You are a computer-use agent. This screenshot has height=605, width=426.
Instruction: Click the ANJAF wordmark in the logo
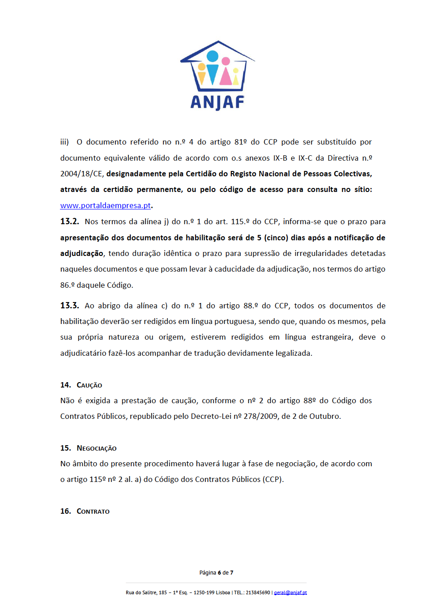pyautogui.click(x=217, y=102)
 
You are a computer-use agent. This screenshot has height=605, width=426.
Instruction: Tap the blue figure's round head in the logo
pyautogui.click(x=213, y=56)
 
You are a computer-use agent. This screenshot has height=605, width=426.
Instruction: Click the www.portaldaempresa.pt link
pyautogui.click(x=106, y=205)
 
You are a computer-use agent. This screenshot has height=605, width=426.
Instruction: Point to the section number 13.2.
pyautogui.click(x=69, y=222)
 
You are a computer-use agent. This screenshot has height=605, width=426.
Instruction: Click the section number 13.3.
pyautogui.click(x=69, y=306)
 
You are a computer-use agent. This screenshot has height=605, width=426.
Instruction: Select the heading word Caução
pyautogui.click(x=89, y=385)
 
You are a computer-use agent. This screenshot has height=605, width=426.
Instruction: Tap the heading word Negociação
pyautogui.click(x=97, y=448)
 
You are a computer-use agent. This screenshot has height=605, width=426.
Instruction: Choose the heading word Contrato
pyautogui.click(x=93, y=511)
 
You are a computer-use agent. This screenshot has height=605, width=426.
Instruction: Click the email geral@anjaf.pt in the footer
pyautogui.click(x=290, y=592)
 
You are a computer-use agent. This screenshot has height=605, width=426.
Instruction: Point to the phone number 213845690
pyautogui.click(x=258, y=592)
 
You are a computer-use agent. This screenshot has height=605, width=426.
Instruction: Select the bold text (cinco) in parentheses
pyautogui.click(x=277, y=238)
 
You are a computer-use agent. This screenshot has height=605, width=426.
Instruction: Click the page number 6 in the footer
pyautogui.click(x=219, y=573)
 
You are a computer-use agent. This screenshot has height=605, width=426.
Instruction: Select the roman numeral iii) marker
pyautogui.click(x=64, y=142)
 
